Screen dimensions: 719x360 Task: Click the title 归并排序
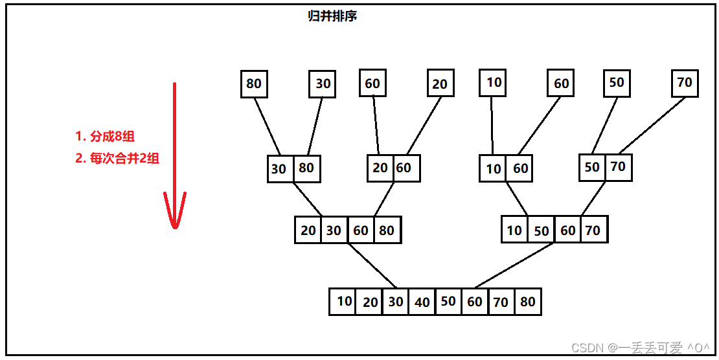point(332,16)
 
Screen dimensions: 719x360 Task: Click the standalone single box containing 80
point(254,84)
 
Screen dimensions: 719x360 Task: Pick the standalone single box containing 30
point(323,84)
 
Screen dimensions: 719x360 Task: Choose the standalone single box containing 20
point(440,84)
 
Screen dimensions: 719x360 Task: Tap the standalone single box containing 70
point(685,83)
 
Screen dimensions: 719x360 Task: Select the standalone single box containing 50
point(617,83)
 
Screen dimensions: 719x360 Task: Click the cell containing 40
point(422,302)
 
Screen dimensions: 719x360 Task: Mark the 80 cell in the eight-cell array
point(528,302)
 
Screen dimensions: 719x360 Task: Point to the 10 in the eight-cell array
point(343,302)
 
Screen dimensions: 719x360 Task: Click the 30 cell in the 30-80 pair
point(279,169)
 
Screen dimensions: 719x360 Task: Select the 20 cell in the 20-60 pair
point(380,168)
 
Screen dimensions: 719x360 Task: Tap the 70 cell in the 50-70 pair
point(619,167)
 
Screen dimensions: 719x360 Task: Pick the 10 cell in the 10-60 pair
point(494,169)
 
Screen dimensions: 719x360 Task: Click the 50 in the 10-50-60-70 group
point(542,231)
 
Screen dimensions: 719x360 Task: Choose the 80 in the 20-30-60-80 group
point(387,231)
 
